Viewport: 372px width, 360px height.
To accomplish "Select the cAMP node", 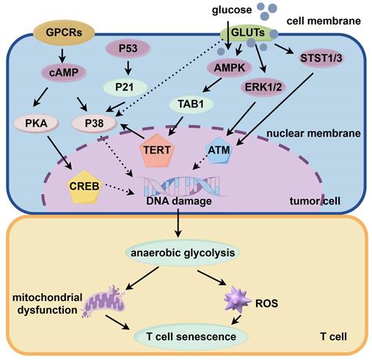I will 67,72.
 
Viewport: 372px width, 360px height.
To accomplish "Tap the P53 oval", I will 128,49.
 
